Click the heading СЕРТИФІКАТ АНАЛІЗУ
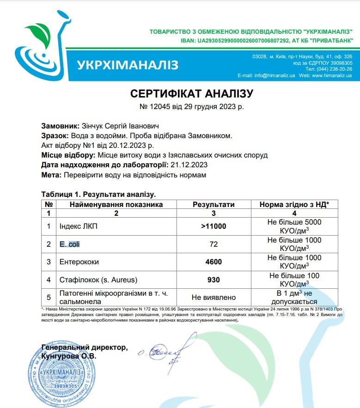click(x=192, y=94)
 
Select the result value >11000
click(x=213, y=226)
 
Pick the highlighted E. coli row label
click(x=70, y=244)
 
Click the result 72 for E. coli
click(x=213, y=244)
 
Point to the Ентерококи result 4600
click(x=213, y=262)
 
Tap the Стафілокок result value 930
click(x=213, y=280)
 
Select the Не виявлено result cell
click(x=213, y=298)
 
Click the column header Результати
click(x=213, y=204)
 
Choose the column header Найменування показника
click(x=116, y=204)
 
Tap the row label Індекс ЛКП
click(x=79, y=226)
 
